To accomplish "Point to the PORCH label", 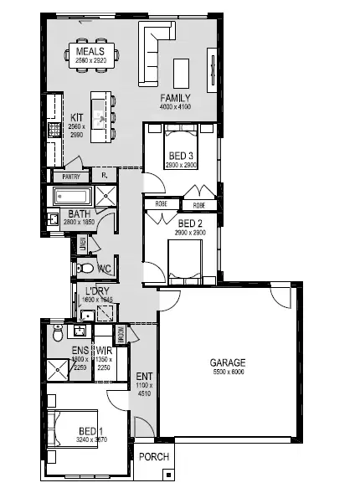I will (155, 457).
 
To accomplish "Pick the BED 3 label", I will (180, 156).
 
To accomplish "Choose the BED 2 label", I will (190, 223).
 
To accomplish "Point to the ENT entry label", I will (144, 377).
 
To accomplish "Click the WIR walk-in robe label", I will (104, 350).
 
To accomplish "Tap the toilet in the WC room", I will (87, 269).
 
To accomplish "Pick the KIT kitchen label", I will (76, 118).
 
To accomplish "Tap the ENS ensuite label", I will (80, 350).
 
